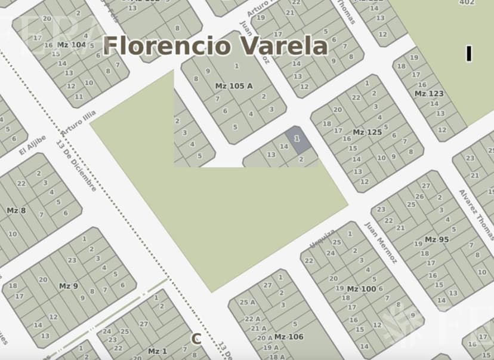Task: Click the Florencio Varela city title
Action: [x=215, y=46]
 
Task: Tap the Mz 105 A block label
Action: [x=233, y=86]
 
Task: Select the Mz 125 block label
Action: [x=366, y=132]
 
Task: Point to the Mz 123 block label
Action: [x=429, y=94]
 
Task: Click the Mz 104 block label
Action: [x=72, y=45]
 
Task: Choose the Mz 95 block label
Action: [x=436, y=239]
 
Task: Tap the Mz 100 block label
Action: [x=362, y=289]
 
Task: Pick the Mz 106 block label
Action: [x=289, y=337]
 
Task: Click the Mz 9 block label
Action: [x=69, y=286]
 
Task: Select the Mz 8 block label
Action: [x=16, y=210]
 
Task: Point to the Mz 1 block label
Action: [x=158, y=351]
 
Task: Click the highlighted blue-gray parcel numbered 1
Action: [x=297, y=139]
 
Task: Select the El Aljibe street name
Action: [x=32, y=144]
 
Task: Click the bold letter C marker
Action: [x=196, y=339]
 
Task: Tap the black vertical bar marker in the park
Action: [x=469, y=54]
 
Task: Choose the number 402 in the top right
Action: [x=467, y=2]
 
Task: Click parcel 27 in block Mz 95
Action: [x=425, y=186]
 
